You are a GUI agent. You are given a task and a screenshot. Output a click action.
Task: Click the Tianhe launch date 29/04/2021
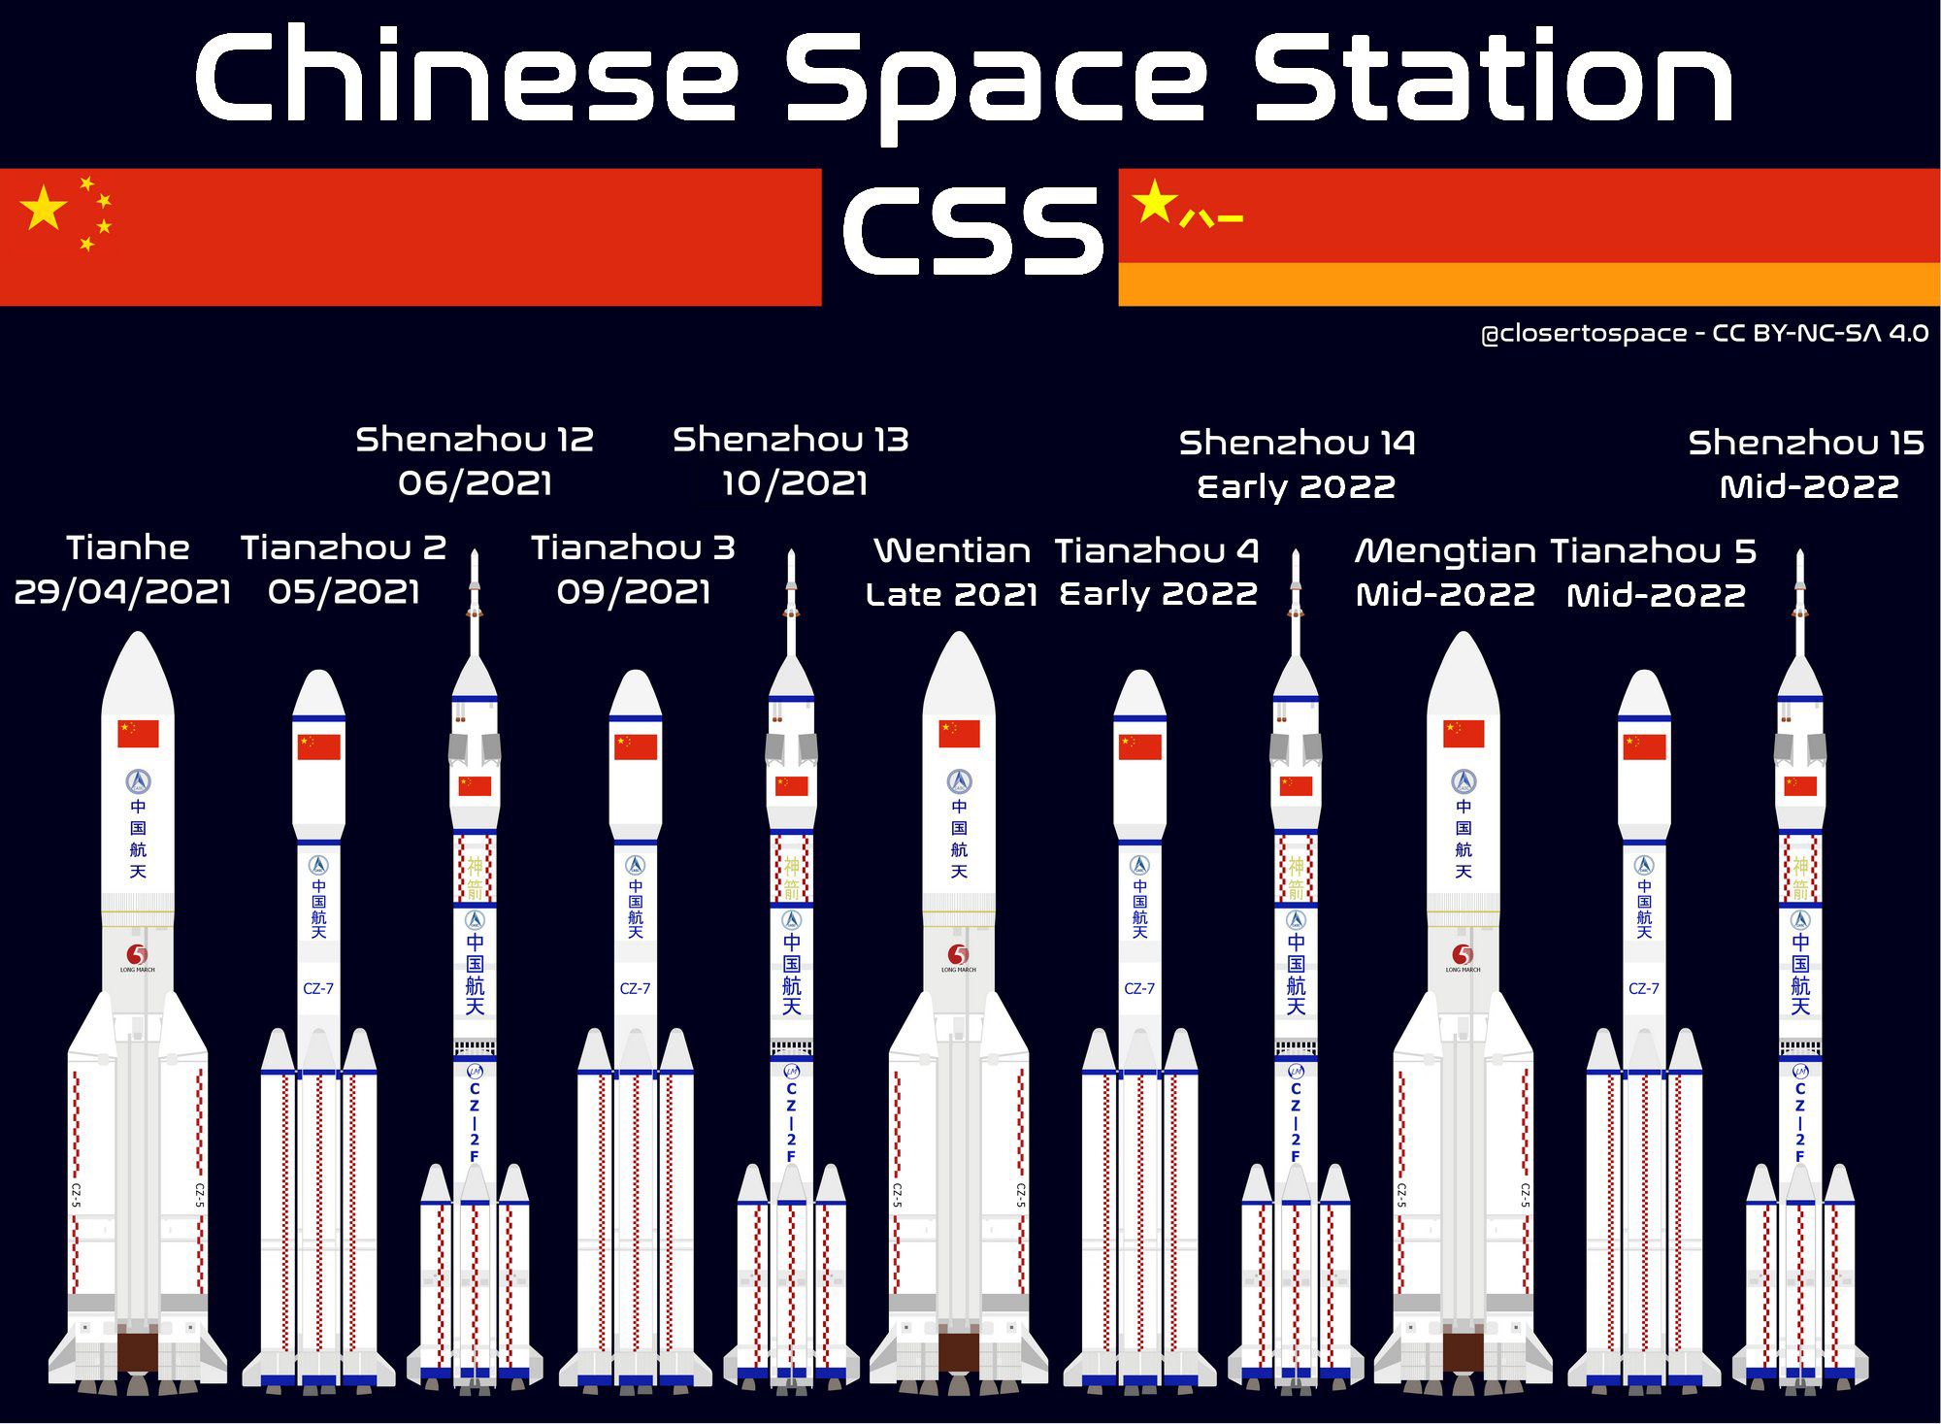[122, 591]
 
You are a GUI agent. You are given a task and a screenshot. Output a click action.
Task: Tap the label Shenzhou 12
[475, 440]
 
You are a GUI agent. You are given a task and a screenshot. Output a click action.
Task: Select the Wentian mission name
[952, 551]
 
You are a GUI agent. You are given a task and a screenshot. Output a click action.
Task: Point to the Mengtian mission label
[1444, 551]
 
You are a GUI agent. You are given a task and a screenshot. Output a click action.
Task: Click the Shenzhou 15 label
[1806, 443]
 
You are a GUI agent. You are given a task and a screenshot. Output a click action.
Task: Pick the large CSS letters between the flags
[972, 231]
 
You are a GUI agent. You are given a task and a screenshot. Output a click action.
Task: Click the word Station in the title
[1492, 78]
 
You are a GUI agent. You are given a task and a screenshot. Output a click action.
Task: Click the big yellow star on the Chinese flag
[44, 208]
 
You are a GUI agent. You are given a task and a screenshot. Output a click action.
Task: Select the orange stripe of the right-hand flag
[1529, 284]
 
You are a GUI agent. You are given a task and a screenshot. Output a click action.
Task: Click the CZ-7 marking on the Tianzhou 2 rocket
[318, 989]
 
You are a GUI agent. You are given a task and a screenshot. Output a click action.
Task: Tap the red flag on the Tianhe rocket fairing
[138, 734]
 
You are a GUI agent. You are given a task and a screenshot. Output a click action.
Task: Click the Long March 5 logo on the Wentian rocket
[959, 955]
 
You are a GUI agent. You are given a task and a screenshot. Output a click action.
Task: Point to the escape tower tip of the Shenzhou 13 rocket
[792, 558]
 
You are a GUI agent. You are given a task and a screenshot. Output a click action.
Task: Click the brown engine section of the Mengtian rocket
[1463, 1352]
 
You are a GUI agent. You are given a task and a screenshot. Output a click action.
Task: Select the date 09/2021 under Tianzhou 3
[634, 592]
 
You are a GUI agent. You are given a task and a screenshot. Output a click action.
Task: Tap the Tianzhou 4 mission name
[1157, 551]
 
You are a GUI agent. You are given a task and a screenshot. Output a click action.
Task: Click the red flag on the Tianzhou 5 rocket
[1644, 746]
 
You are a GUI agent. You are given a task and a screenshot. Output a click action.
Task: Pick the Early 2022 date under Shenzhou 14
[1297, 486]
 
